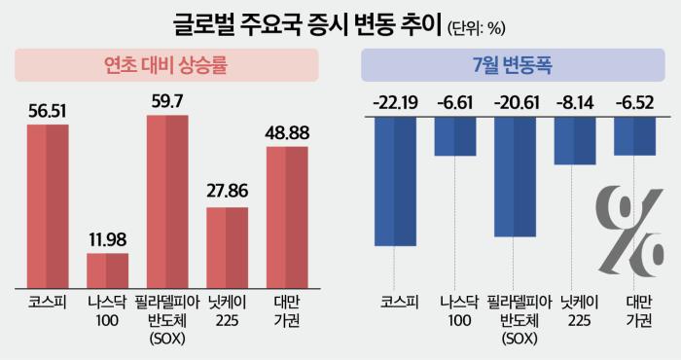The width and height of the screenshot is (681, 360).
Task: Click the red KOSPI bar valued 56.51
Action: (x=48, y=206)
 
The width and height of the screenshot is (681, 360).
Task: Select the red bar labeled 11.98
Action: (x=108, y=270)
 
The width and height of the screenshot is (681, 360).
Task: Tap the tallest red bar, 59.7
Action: (x=167, y=201)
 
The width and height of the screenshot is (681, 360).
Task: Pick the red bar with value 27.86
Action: (x=227, y=247)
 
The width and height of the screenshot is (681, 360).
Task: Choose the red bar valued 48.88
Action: (x=287, y=217)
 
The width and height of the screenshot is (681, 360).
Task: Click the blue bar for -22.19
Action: (x=395, y=182)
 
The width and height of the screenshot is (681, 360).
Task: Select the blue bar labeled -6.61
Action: (x=455, y=136)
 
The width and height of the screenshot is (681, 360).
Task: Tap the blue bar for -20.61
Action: (x=515, y=177)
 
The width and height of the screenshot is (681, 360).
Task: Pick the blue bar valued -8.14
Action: (x=575, y=141)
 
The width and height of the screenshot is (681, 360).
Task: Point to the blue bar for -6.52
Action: (x=635, y=136)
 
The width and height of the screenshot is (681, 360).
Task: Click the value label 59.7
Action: (x=167, y=101)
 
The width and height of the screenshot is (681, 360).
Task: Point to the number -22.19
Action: (x=395, y=103)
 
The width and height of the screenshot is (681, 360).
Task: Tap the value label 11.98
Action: (x=108, y=239)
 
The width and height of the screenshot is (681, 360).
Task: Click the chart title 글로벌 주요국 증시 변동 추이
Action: (x=308, y=24)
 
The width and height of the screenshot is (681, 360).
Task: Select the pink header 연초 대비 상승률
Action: (x=166, y=65)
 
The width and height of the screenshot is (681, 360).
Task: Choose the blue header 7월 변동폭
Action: (x=513, y=65)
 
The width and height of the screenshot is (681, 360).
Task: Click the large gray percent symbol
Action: (x=629, y=231)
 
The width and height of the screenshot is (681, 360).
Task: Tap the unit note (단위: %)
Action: (x=477, y=28)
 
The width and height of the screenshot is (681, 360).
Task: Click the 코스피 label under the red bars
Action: (x=48, y=302)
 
